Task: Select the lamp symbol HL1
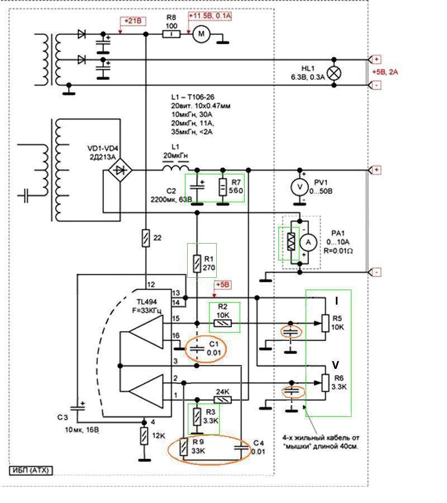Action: [335, 72]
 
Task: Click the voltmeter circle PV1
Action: [301, 187]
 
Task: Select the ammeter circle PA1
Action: [307, 242]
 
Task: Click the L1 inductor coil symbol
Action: [175, 168]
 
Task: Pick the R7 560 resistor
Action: [222, 187]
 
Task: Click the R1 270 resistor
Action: [197, 263]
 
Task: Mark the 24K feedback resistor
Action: [223, 400]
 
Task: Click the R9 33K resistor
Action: [184, 447]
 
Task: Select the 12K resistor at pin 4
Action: [144, 436]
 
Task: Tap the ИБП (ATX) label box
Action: [31, 470]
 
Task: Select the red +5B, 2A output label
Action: [386, 72]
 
